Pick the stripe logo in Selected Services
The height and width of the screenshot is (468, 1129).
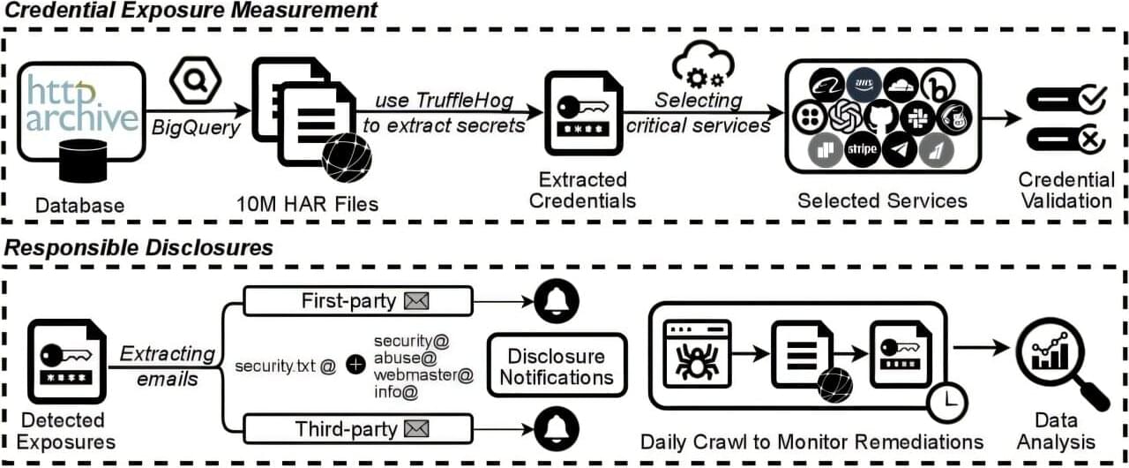862,149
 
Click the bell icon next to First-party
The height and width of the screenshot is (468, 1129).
557,302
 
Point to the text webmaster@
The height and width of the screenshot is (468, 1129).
423,374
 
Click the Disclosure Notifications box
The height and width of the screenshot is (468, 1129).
556,366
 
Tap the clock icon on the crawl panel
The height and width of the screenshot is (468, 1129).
947,403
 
